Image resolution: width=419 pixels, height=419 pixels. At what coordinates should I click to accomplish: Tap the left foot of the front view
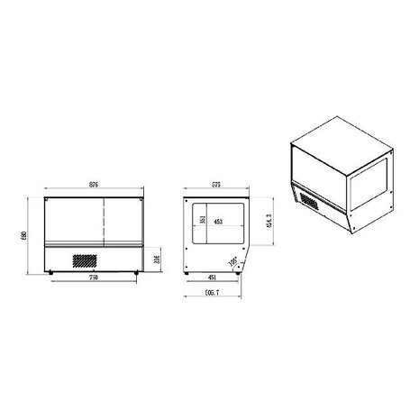click(51, 270)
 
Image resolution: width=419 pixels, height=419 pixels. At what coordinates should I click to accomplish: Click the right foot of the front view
click(136, 270)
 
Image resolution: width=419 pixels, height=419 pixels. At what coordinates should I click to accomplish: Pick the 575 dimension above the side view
click(215, 185)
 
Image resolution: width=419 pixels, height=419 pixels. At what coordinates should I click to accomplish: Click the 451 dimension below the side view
click(213, 279)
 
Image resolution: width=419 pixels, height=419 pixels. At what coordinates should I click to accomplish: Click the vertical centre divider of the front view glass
click(105, 219)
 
